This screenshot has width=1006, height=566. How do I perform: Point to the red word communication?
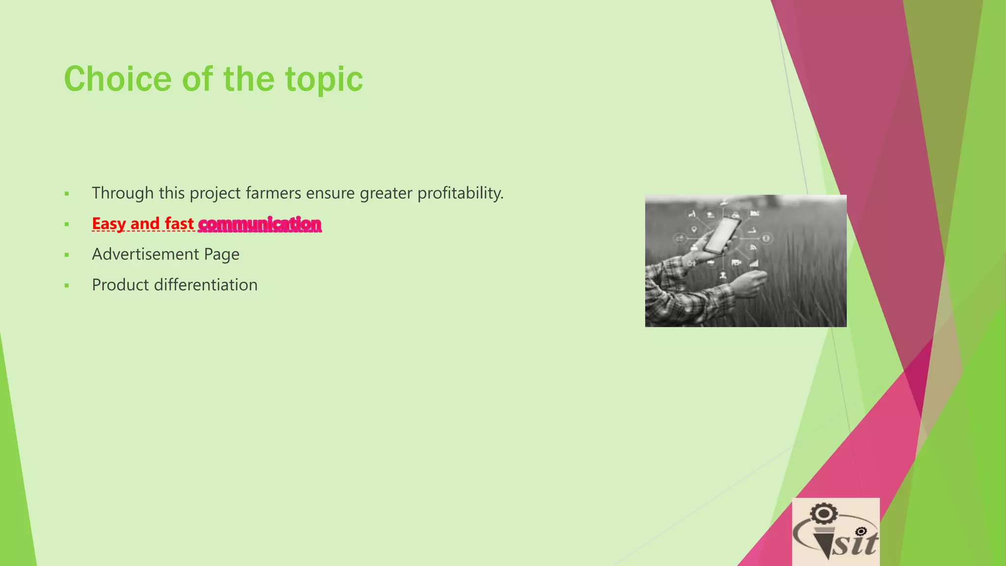pyautogui.click(x=259, y=224)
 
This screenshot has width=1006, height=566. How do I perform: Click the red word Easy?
pyautogui.click(x=109, y=224)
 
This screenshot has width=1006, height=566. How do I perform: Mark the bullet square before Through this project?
pyautogui.click(x=67, y=194)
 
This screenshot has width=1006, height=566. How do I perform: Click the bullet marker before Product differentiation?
pyautogui.click(x=67, y=285)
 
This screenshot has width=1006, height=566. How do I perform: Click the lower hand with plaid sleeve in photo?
pyautogui.click(x=749, y=285)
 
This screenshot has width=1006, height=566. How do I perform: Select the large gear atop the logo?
pyautogui.click(x=823, y=514)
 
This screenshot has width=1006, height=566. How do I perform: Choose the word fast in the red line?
pyautogui.click(x=179, y=224)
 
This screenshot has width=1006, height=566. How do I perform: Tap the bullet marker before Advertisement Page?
pyautogui.click(x=67, y=255)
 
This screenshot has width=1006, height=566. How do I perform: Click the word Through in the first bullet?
pyautogui.click(x=122, y=193)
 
